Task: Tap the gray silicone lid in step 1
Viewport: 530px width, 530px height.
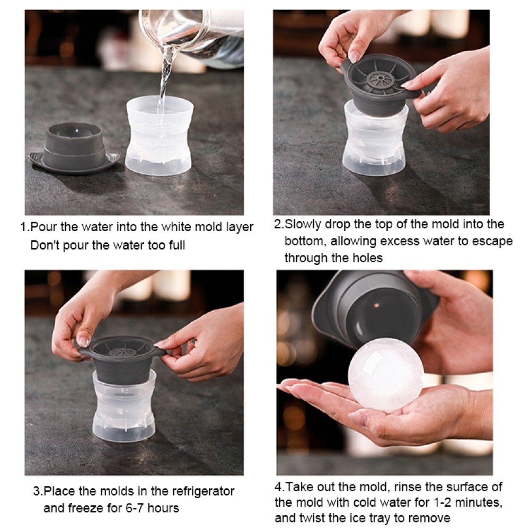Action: pos(74,148)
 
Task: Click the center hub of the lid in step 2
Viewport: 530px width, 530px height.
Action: pos(378,79)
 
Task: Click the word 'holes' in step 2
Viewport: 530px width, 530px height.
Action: pos(365,258)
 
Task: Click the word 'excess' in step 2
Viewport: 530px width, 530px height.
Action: pos(410,241)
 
